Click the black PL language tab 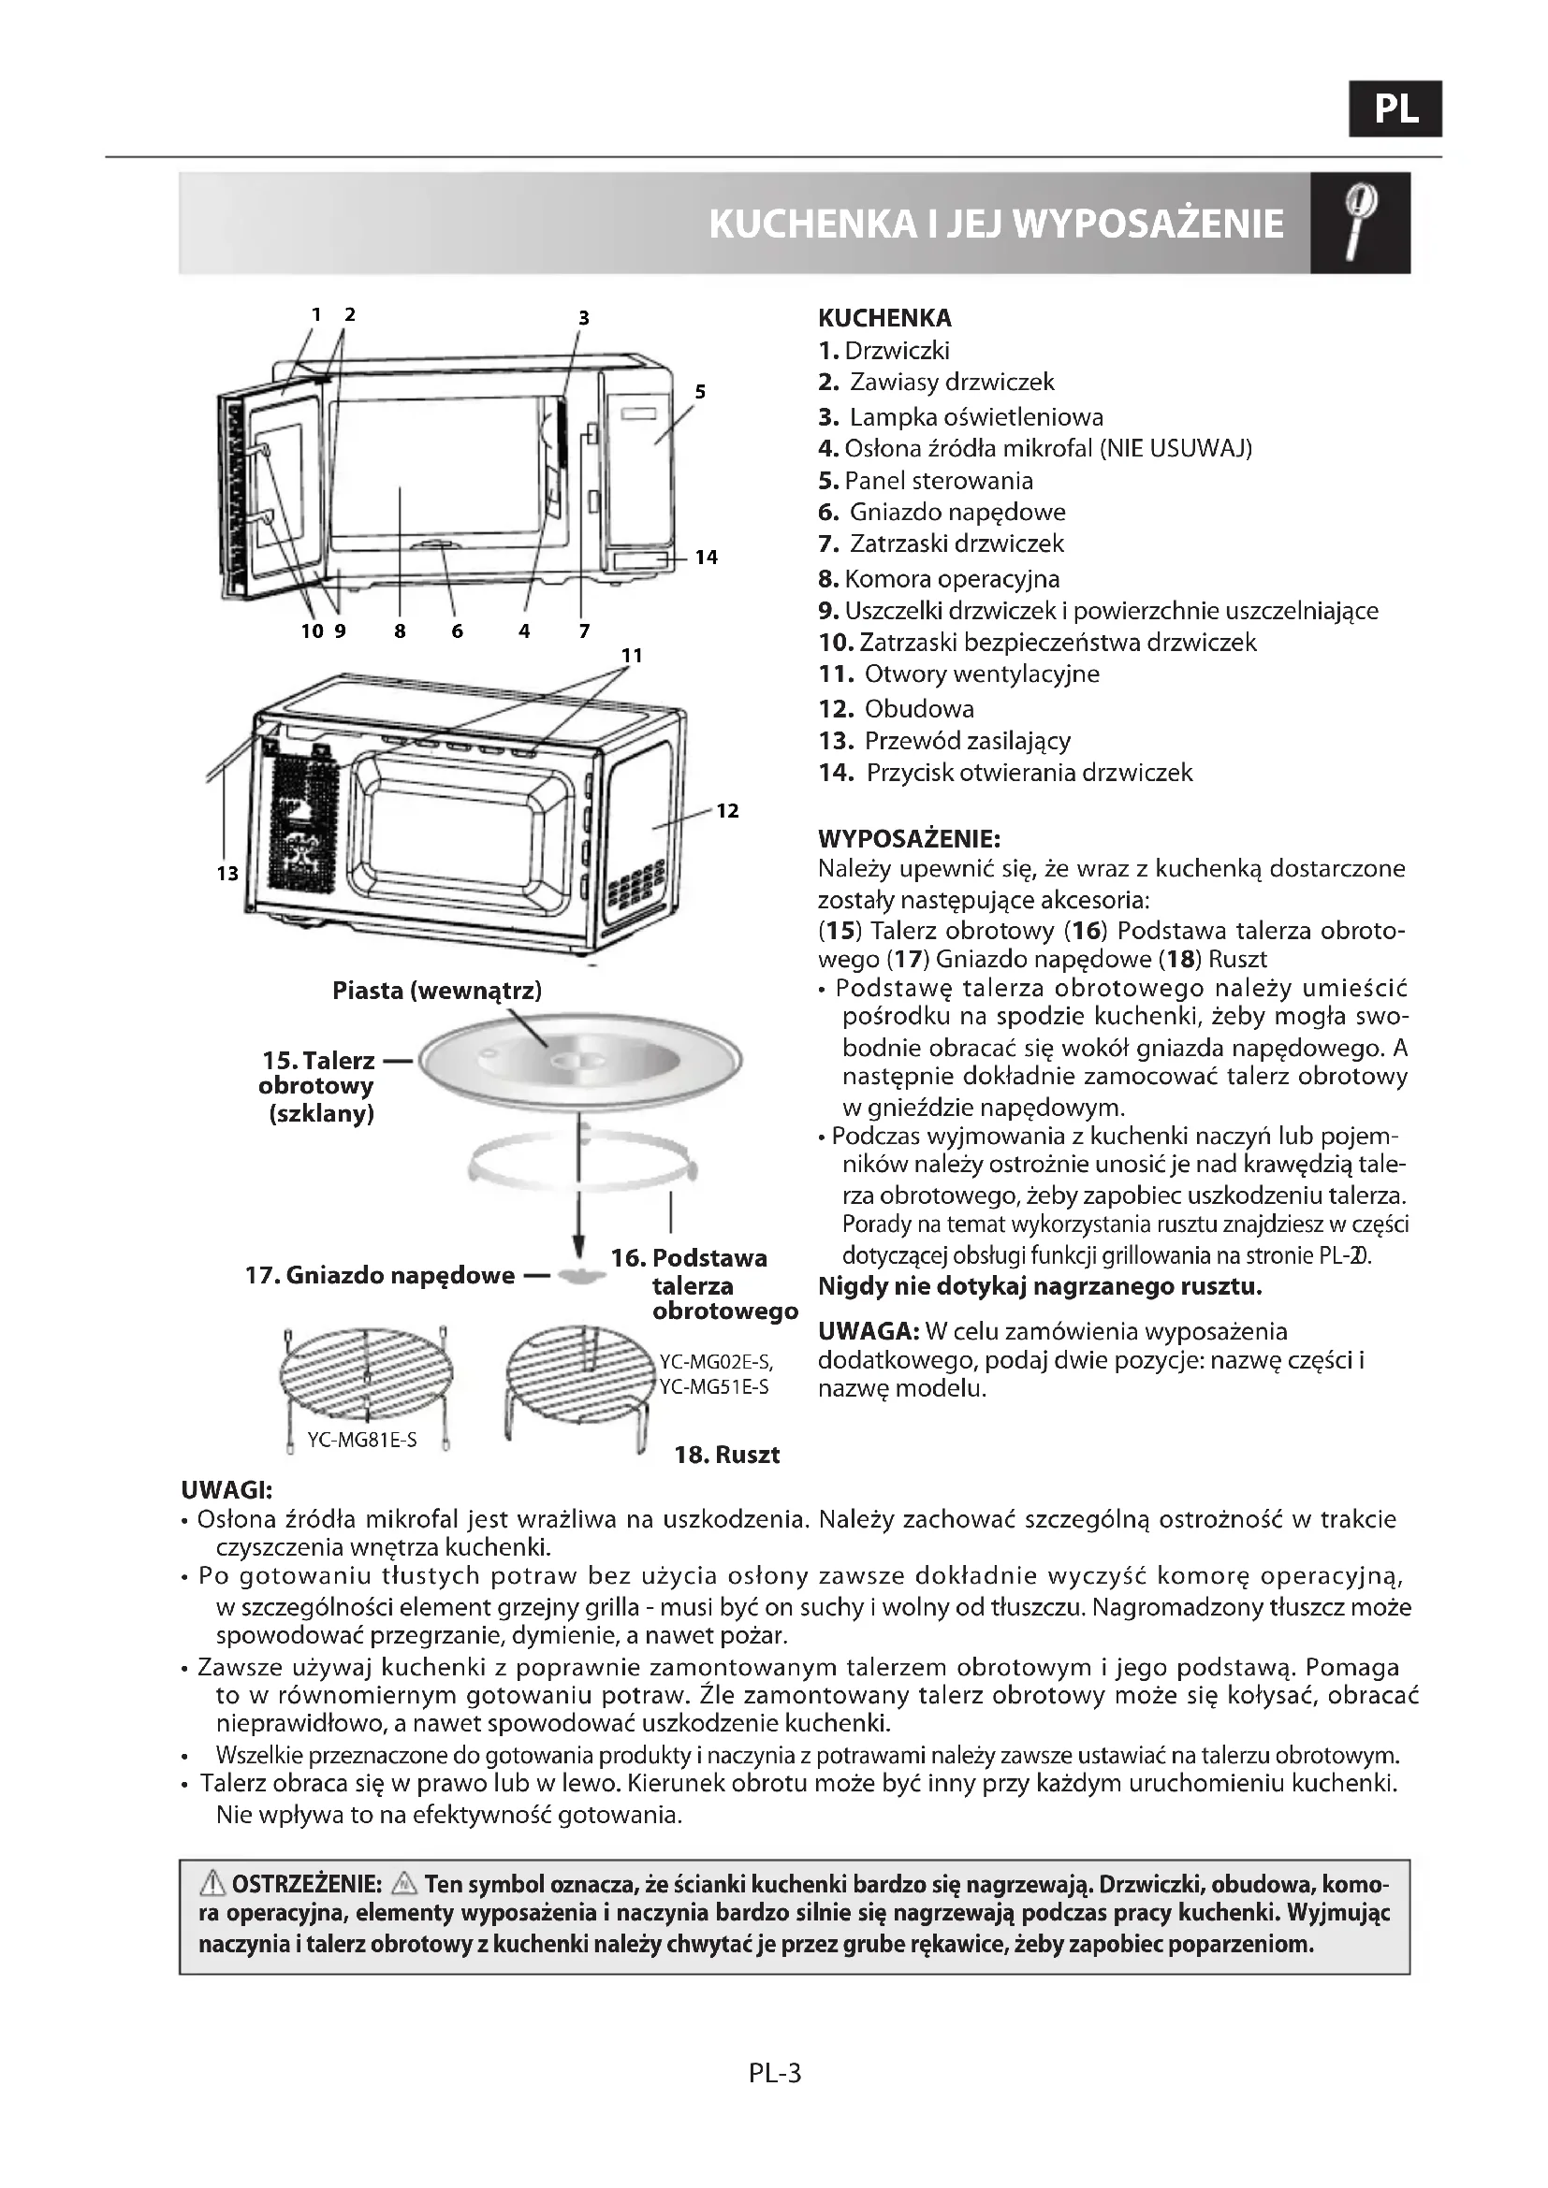pyautogui.click(x=1395, y=109)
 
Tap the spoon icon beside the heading pyautogui.click(x=1359, y=223)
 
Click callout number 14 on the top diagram pyautogui.click(x=706, y=557)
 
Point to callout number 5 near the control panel pyautogui.click(x=700, y=391)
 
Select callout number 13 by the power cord pyautogui.click(x=226, y=873)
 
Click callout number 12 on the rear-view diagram pyautogui.click(x=727, y=810)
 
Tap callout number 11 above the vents pyautogui.click(x=632, y=655)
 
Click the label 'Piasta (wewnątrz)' pyautogui.click(x=436, y=990)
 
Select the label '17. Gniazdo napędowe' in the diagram pyautogui.click(x=379, y=1275)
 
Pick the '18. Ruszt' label pyautogui.click(x=726, y=1455)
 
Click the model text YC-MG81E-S pyautogui.click(x=362, y=1439)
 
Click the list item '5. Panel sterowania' pyautogui.click(x=925, y=480)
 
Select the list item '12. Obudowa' pyautogui.click(x=896, y=708)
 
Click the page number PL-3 pyautogui.click(x=775, y=2073)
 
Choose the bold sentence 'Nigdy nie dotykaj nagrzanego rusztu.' pyautogui.click(x=1040, y=1286)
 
